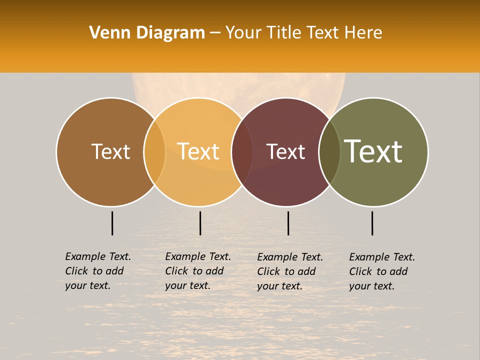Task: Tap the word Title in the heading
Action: tap(286, 33)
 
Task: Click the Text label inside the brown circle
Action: tap(110, 151)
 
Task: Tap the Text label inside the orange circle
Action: tap(198, 151)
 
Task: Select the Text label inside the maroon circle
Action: tap(285, 151)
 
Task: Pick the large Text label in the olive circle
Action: tap(373, 151)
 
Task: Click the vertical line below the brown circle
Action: tap(112, 223)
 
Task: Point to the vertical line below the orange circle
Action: tap(200, 223)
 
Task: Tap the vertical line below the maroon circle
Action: tap(288, 223)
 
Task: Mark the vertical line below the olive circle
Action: tap(372, 223)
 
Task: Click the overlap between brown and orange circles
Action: tap(154, 152)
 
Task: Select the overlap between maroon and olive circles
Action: tap(329, 152)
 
